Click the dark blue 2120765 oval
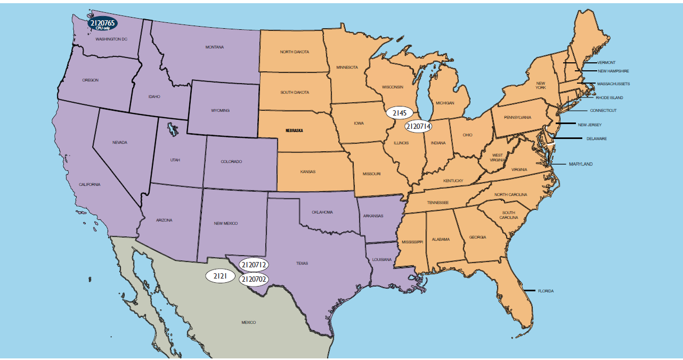[103, 23]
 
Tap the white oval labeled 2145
[400, 113]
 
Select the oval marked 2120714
[418, 126]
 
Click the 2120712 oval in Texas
[254, 264]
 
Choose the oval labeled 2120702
[254, 279]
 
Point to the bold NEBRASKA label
[295, 130]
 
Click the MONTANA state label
[215, 47]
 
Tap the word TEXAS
[302, 263]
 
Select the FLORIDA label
[546, 291]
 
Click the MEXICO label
[248, 322]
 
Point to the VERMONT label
[606, 62]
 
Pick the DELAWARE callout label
[596, 138]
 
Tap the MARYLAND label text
[580, 164]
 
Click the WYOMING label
[220, 110]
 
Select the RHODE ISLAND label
[609, 97]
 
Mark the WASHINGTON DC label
[111, 39]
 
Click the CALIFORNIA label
[90, 184]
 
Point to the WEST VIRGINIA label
[497, 158]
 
